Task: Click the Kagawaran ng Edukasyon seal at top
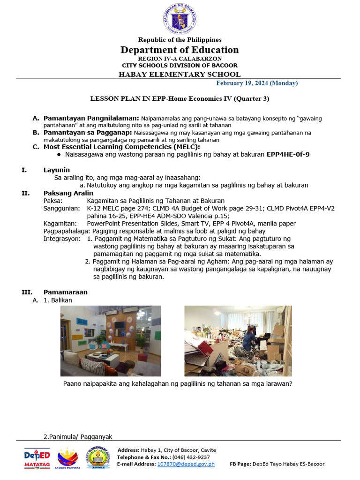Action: (x=180, y=18)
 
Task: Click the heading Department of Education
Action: (x=180, y=50)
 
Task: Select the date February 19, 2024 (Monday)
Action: (x=256, y=83)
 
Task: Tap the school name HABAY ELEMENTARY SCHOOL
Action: (x=180, y=74)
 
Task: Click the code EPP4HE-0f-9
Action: (x=288, y=154)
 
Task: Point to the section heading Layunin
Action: (x=57, y=170)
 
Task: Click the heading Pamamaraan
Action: (x=66, y=292)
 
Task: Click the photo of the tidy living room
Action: (x=111, y=341)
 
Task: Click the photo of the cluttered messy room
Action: (x=238, y=341)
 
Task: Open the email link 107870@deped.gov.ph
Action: (x=186, y=464)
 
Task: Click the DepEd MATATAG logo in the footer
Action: (x=37, y=458)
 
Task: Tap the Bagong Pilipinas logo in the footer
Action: (x=68, y=458)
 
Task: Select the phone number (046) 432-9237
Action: (x=194, y=457)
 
